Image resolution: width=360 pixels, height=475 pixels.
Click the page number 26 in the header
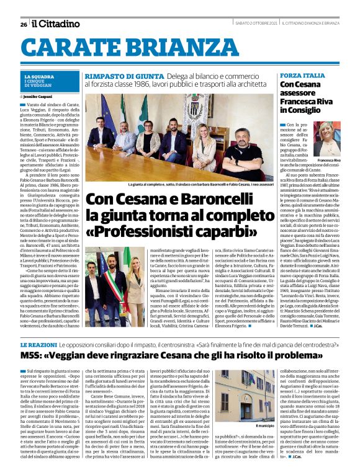(x=24, y=24)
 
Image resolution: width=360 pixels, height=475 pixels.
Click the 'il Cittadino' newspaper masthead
(x=56, y=24)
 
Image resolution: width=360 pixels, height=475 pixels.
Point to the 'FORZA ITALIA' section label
(x=302, y=75)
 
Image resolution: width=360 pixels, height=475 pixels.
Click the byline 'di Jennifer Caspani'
(x=41, y=98)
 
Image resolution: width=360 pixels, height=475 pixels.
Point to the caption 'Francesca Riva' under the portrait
(x=328, y=161)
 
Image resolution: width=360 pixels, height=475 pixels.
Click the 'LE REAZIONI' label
(x=38, y=344)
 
